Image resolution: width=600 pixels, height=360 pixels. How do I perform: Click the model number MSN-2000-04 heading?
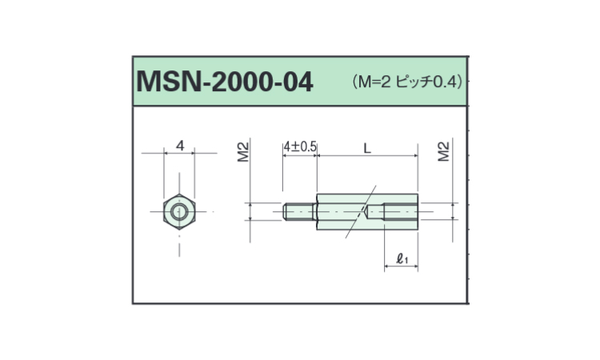click(225, 82)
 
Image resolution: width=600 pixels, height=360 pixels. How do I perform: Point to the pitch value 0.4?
click(445, 82)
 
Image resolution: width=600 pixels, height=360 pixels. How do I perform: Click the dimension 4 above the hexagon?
click(180, 146)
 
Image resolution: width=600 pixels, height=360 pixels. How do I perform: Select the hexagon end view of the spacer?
click(179, 211)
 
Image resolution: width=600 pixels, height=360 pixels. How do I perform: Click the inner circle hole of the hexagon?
click(179, 211)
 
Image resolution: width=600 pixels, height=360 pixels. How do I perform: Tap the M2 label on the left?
click(243, 152)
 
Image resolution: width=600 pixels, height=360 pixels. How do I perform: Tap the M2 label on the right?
click(443, 151)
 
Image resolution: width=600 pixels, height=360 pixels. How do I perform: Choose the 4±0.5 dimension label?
click(300, 147)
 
